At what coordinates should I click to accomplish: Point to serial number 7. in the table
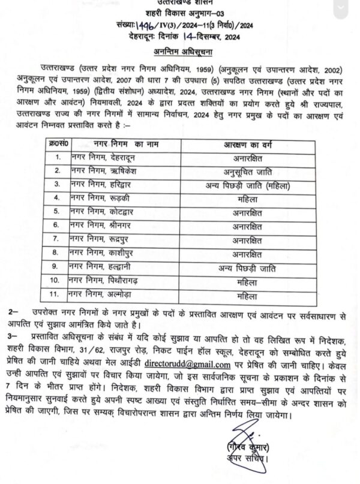coord(58,239)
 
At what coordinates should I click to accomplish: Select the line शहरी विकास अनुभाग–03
coord(181,13)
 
